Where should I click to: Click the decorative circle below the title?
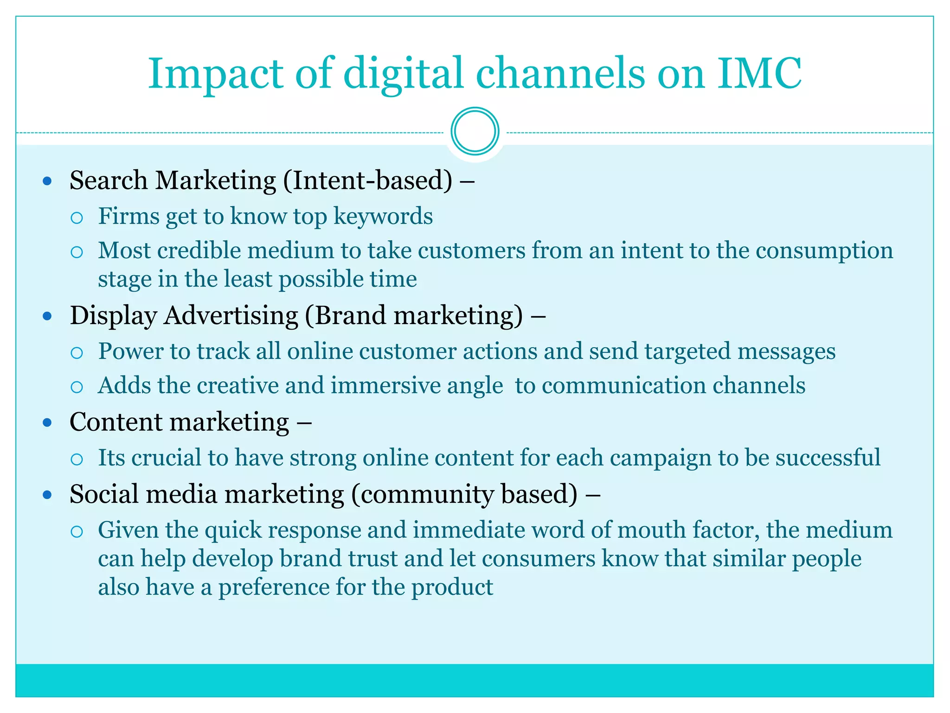[x=475, y=131]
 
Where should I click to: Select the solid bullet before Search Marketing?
[x=47, y=181]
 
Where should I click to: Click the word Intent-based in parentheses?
[x=369, y=181]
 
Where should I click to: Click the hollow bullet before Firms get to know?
[x=77, y=217]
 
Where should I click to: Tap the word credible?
[x=199, y=251]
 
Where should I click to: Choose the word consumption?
[x=824, y=251]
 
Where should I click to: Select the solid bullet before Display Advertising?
[x=47, y=316]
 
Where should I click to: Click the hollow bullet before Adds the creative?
[x=77, y=387]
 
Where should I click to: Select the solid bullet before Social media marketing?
[x=47, y=495]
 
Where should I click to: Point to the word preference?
[x=274, y=588]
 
